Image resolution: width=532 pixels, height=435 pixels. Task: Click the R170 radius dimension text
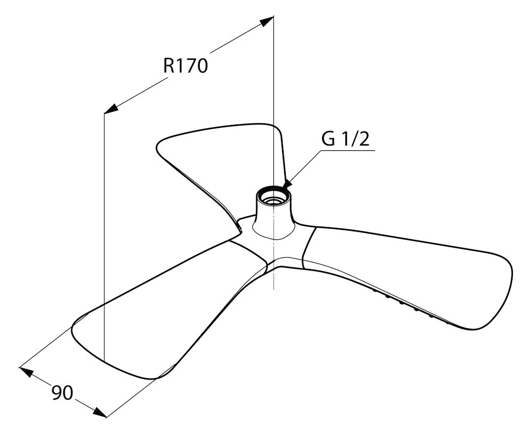tap(185, 65)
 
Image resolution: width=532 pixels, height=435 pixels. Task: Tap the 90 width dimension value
tap(62, 393)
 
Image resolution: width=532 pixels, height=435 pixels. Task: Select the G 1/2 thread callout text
tap(345, 139)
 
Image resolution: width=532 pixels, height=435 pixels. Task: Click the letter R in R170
tap(169, 65)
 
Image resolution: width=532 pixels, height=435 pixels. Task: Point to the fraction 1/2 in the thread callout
tap(356, 139)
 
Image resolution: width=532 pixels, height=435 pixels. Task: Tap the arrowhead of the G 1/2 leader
tap(287, 183)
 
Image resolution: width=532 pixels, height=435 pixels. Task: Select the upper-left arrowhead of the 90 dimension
tap(26, 371)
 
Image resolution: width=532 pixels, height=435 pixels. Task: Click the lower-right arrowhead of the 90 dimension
tap(100, 412)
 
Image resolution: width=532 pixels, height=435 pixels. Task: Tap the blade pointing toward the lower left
tap(163, 312)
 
